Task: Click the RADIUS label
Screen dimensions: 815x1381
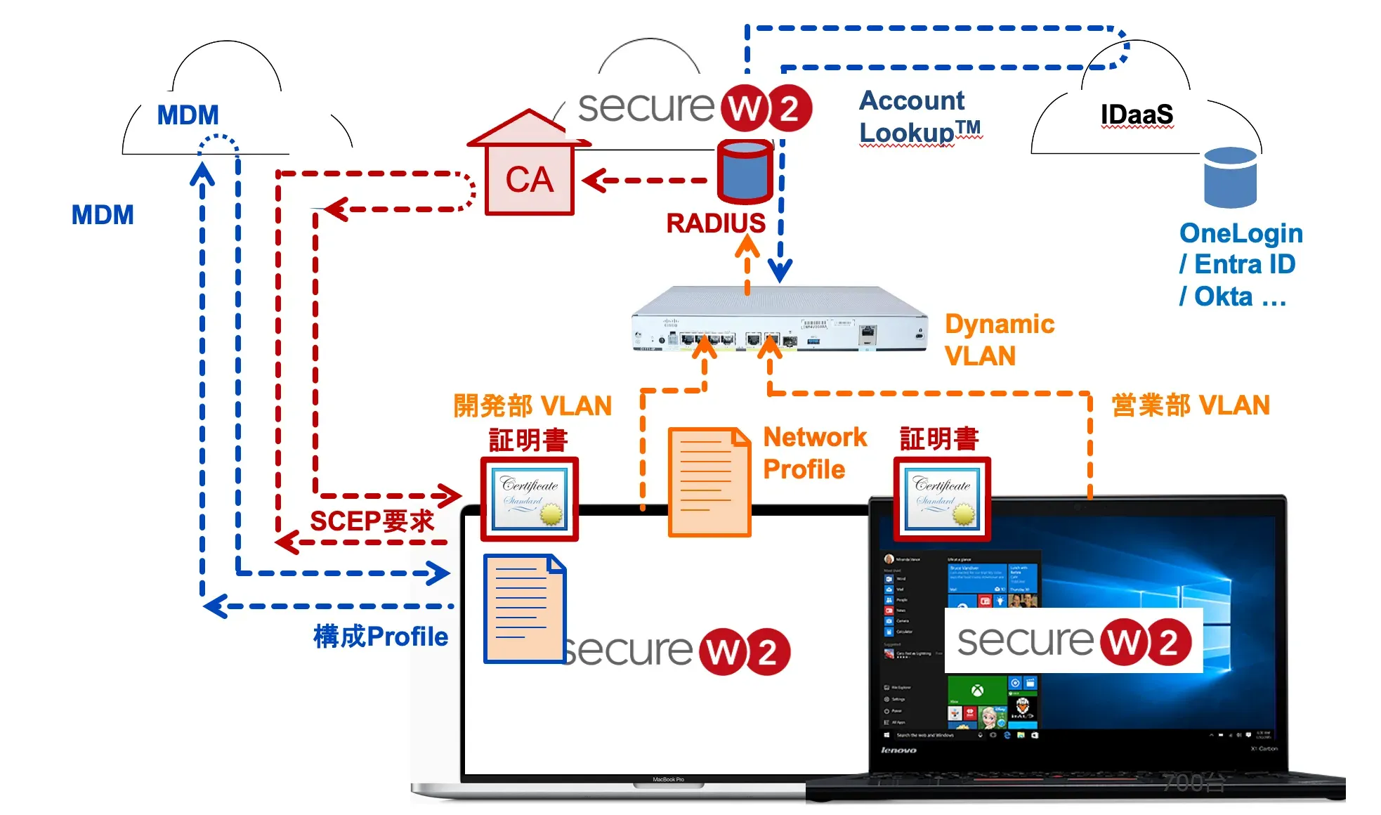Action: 715,223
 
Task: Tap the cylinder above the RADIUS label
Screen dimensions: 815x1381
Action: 745,171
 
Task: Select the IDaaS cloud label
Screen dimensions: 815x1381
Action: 1136,115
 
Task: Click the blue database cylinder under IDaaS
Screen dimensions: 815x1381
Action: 1229,177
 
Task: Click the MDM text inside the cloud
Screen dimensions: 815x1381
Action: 188,115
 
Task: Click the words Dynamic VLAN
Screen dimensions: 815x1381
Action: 998,340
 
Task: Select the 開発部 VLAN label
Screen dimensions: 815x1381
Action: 532,406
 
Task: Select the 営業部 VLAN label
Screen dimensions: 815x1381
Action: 1190,405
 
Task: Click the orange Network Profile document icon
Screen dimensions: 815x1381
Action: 709,482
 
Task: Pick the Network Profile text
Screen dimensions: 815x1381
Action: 814,453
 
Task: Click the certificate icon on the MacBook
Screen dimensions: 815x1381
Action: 530,500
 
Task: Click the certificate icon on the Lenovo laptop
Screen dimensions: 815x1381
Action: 942,500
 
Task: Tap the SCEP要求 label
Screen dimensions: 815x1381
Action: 372,521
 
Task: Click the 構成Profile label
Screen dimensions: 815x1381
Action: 380,637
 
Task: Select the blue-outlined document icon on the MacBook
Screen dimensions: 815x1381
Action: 524,608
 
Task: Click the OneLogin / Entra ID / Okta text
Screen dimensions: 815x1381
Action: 1240,265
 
